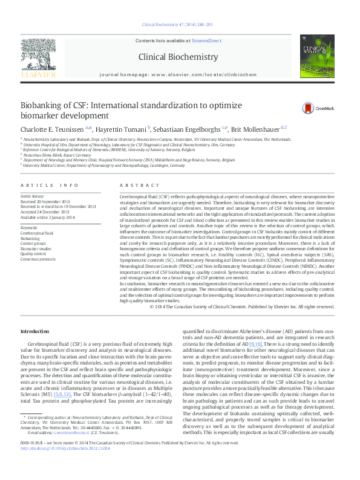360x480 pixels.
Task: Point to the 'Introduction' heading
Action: (x=34, y=332)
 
